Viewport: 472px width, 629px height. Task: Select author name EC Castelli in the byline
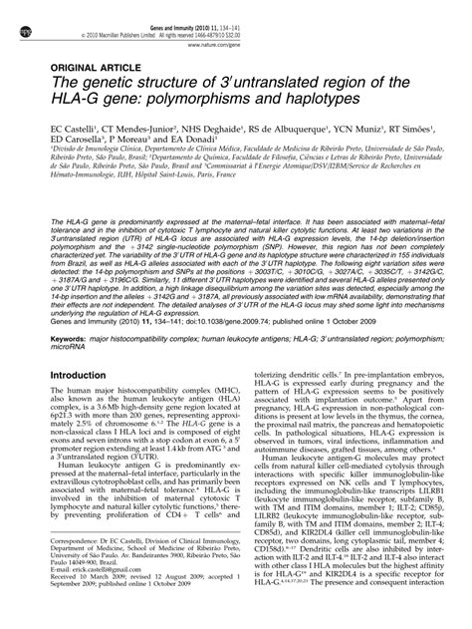click(x=61, y=130)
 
